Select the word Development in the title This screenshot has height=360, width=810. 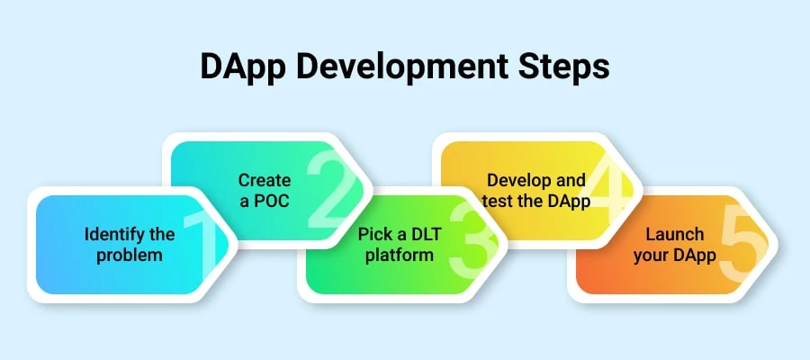click(x=390, y=68)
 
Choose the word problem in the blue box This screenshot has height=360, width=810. click(x=130, y=255)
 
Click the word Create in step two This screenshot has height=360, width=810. click(x=265, y=180)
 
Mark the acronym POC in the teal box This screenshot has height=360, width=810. click(x=273, y=200)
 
